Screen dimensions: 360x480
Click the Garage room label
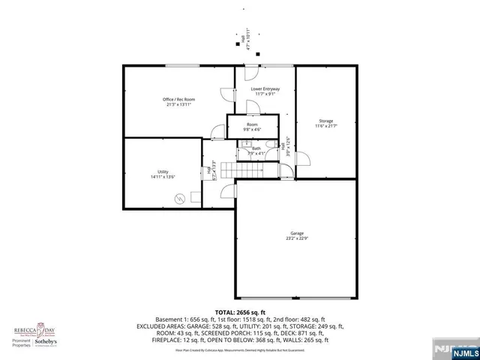(292, 233)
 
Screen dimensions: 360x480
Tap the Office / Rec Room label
(178, 100)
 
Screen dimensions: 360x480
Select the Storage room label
(325, 121)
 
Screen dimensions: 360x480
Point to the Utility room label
(163, 172)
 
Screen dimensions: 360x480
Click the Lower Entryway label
(265, 88)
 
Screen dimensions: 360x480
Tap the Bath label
(256, 148)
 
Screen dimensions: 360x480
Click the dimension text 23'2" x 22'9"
(292, 239)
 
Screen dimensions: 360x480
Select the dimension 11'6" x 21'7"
(325, 127)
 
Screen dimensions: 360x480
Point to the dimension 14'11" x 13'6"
(163, 177)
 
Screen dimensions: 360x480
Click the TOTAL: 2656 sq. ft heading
(240, 312)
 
